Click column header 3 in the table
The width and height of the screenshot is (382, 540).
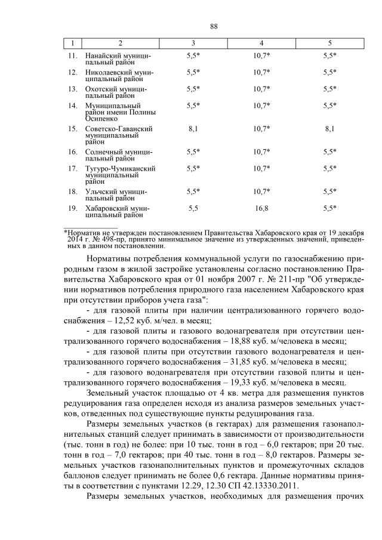click(x=193, y=44)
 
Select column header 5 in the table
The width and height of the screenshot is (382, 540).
click(x=329, y=44)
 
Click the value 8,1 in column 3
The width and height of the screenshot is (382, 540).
click(x=193, y=128)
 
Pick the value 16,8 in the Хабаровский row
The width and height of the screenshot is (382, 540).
click(x=261, y=208)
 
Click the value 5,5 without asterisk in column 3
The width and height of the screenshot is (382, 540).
click(x=193, y=208)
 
